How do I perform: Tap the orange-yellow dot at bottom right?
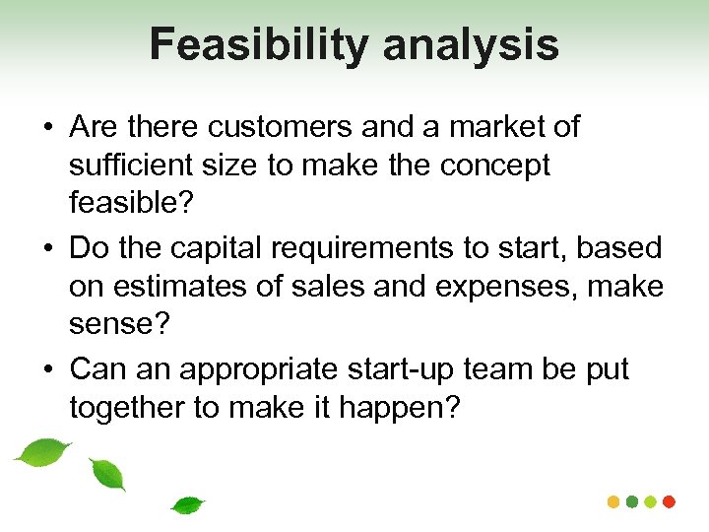[612, 501]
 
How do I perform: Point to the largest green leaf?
[43, 452]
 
